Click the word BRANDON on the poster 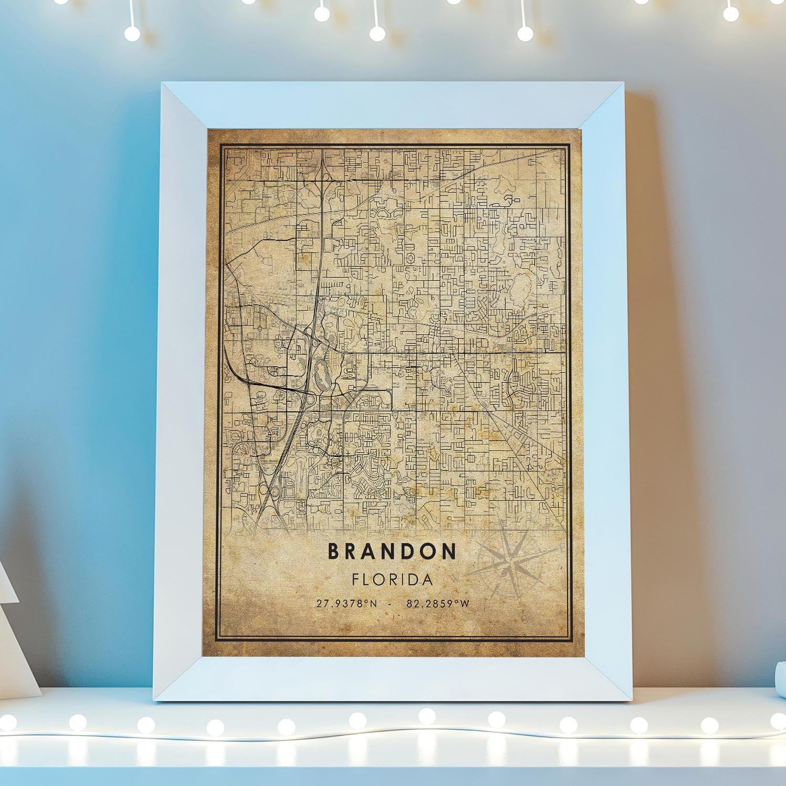pos(392,551)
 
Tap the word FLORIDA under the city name pos(392,580)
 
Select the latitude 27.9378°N pos(347,604)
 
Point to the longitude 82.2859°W pos(438,604)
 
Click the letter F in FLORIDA pos(355,580)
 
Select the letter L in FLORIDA pos(366,580)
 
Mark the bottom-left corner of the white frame pos(155,700)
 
